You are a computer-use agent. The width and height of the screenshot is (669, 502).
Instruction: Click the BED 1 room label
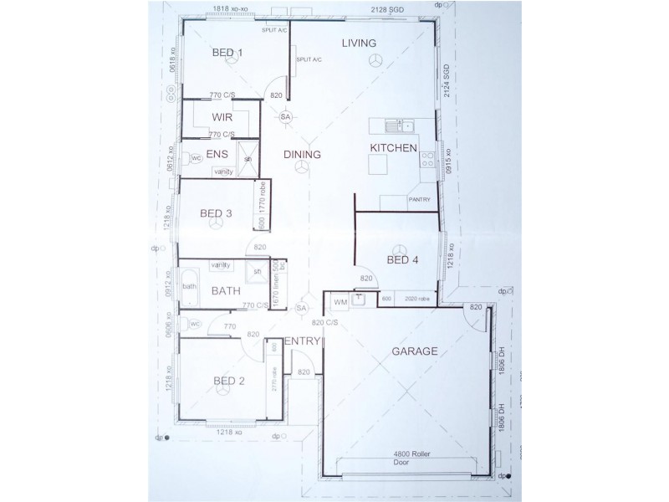tap(227, 53)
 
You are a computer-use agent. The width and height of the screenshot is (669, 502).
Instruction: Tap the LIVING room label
tap(359, 43)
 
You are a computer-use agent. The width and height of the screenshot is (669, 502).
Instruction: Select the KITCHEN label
tap(393, 148)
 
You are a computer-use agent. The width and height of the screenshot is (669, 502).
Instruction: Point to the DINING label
tap(302, 154)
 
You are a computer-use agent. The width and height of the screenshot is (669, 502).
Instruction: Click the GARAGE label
tap(415, 351)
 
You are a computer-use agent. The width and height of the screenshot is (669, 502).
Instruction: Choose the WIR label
tap(222, 118)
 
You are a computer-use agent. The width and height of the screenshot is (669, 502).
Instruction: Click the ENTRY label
tap(302, 341)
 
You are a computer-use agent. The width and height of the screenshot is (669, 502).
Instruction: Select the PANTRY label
tap(419, 200)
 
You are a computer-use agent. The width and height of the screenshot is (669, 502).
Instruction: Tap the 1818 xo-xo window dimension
tap(232, 9)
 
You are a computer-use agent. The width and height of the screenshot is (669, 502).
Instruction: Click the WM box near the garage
tap(340, 300)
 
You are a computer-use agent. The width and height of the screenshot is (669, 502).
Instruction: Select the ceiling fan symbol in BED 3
tap(216, 227)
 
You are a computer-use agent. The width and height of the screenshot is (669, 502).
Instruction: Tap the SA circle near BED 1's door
tap(285, 116)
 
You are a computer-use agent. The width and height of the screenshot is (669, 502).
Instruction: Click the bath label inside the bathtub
tap(190, 287)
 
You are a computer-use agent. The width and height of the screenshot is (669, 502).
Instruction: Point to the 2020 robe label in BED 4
tap(417, 299)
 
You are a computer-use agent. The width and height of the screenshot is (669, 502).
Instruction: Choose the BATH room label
tap(226, 291)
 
